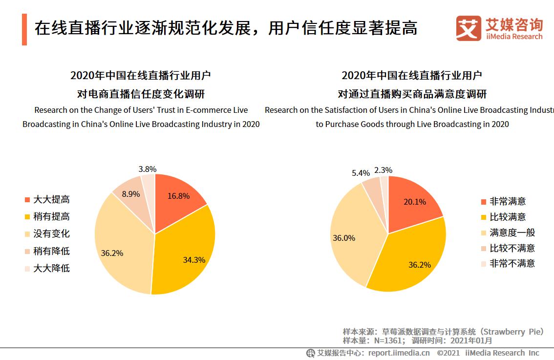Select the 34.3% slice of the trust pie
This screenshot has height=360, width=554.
tap(188, 254)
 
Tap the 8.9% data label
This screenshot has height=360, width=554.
tap(131, 194)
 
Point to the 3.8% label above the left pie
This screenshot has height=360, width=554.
tap(147, 169)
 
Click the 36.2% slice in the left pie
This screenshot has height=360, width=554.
tap(117, 249)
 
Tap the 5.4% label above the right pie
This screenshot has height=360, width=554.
tap(361, 173)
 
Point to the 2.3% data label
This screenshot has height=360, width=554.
tap(383, 170)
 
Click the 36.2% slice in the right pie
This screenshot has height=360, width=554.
tap(415, 259)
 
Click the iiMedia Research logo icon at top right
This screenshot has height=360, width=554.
tap(469, 28)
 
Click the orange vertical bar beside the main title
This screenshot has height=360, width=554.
tap(24, 30)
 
